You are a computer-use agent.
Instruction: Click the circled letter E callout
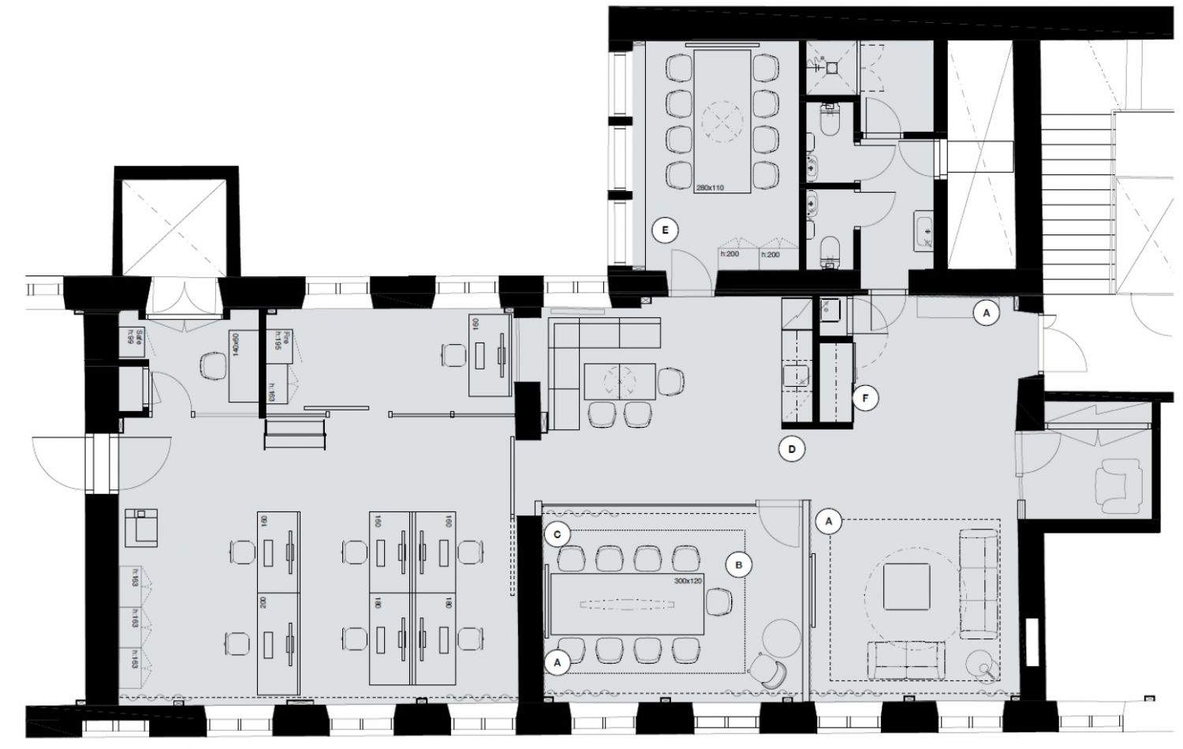pos(666,230)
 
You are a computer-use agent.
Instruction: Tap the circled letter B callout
pos(740,564)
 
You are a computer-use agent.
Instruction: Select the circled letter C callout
pos(557,534)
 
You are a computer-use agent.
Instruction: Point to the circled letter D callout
pos(791,450)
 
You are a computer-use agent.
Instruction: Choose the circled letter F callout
pos(865,399)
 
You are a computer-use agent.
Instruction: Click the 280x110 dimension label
pos(709,189)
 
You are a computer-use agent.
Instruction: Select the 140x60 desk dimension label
pos(234,345)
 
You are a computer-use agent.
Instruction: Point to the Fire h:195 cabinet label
pos(278,343)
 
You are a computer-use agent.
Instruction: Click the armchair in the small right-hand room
pos(1118,484)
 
